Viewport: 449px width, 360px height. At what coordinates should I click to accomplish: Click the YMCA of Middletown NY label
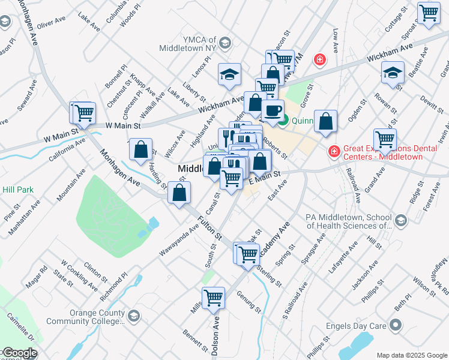(187, 47)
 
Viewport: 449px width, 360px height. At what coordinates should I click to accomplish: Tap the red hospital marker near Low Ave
(320, 59)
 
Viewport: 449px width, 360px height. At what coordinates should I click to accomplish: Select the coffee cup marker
(273, 111)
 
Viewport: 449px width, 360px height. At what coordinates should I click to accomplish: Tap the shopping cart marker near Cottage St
(429, 13)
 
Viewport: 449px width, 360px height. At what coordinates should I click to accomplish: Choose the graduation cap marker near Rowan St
(393, 74)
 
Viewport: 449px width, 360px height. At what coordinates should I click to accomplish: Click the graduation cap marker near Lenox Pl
(229, 74)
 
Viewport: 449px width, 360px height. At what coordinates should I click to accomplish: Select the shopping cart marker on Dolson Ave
(214, 298)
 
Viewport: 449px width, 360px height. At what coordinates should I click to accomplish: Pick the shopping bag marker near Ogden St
(325, 122)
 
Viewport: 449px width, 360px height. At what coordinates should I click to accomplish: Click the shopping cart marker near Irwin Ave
(385, 140)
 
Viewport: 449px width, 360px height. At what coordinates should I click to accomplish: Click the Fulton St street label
(211, 226)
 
